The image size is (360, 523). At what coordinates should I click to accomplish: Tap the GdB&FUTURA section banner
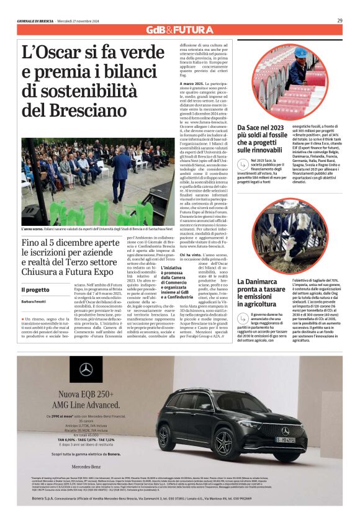point(179,30)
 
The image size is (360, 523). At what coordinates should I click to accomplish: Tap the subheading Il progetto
point(35,290)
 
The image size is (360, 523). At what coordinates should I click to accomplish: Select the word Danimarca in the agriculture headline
point(261,281)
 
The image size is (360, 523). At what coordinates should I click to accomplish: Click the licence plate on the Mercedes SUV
point(285,439)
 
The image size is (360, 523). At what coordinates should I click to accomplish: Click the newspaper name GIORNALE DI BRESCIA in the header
point(37,20)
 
